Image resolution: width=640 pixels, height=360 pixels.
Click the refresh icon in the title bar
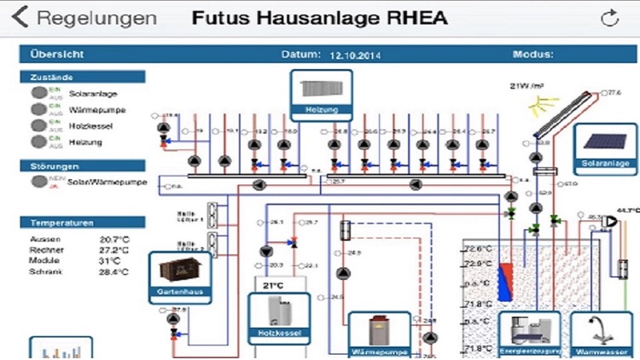pos(609,18)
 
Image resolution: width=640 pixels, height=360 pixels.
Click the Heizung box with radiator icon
pos(317,93)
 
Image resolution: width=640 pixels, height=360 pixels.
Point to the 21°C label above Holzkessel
pos(273,285)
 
